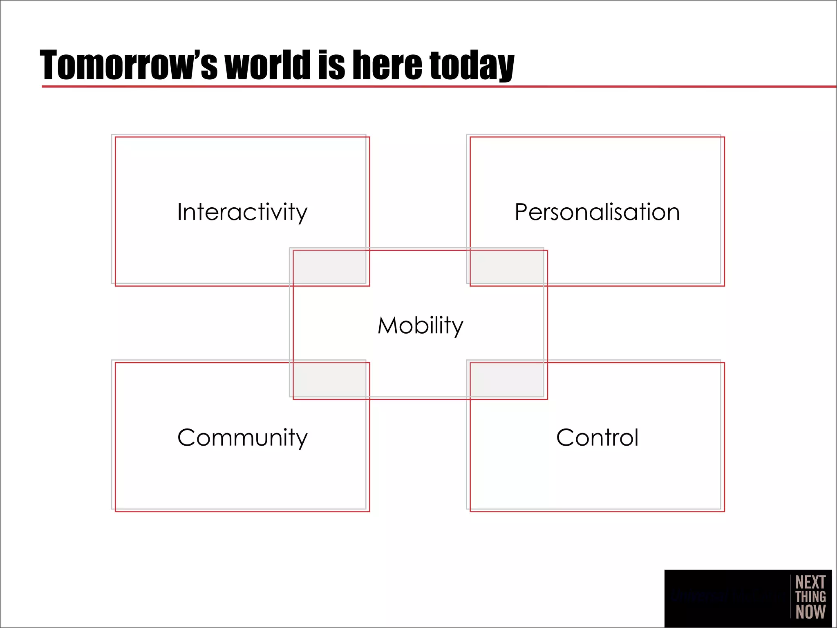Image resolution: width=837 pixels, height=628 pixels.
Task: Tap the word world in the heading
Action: pos(268,65)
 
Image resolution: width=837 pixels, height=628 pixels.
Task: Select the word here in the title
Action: pos(387,65)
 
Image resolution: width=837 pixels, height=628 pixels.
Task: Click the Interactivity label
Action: pos(242,212)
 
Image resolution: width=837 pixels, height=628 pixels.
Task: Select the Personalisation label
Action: pos(597,212)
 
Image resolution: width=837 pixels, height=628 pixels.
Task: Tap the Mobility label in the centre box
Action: pos(420,325)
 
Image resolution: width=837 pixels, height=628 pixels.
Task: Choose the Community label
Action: pos(242,438)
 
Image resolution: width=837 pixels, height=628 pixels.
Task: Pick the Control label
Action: pos(597,438)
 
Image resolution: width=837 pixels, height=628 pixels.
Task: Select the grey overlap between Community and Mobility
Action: pos(329,379)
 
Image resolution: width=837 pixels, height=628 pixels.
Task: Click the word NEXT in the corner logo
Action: pos(810,582)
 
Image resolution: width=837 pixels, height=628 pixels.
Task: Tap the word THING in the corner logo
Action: pos(810,597)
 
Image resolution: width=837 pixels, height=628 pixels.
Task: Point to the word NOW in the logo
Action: pos(810,612)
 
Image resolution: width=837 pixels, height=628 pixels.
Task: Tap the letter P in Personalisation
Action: pos(521,212)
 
